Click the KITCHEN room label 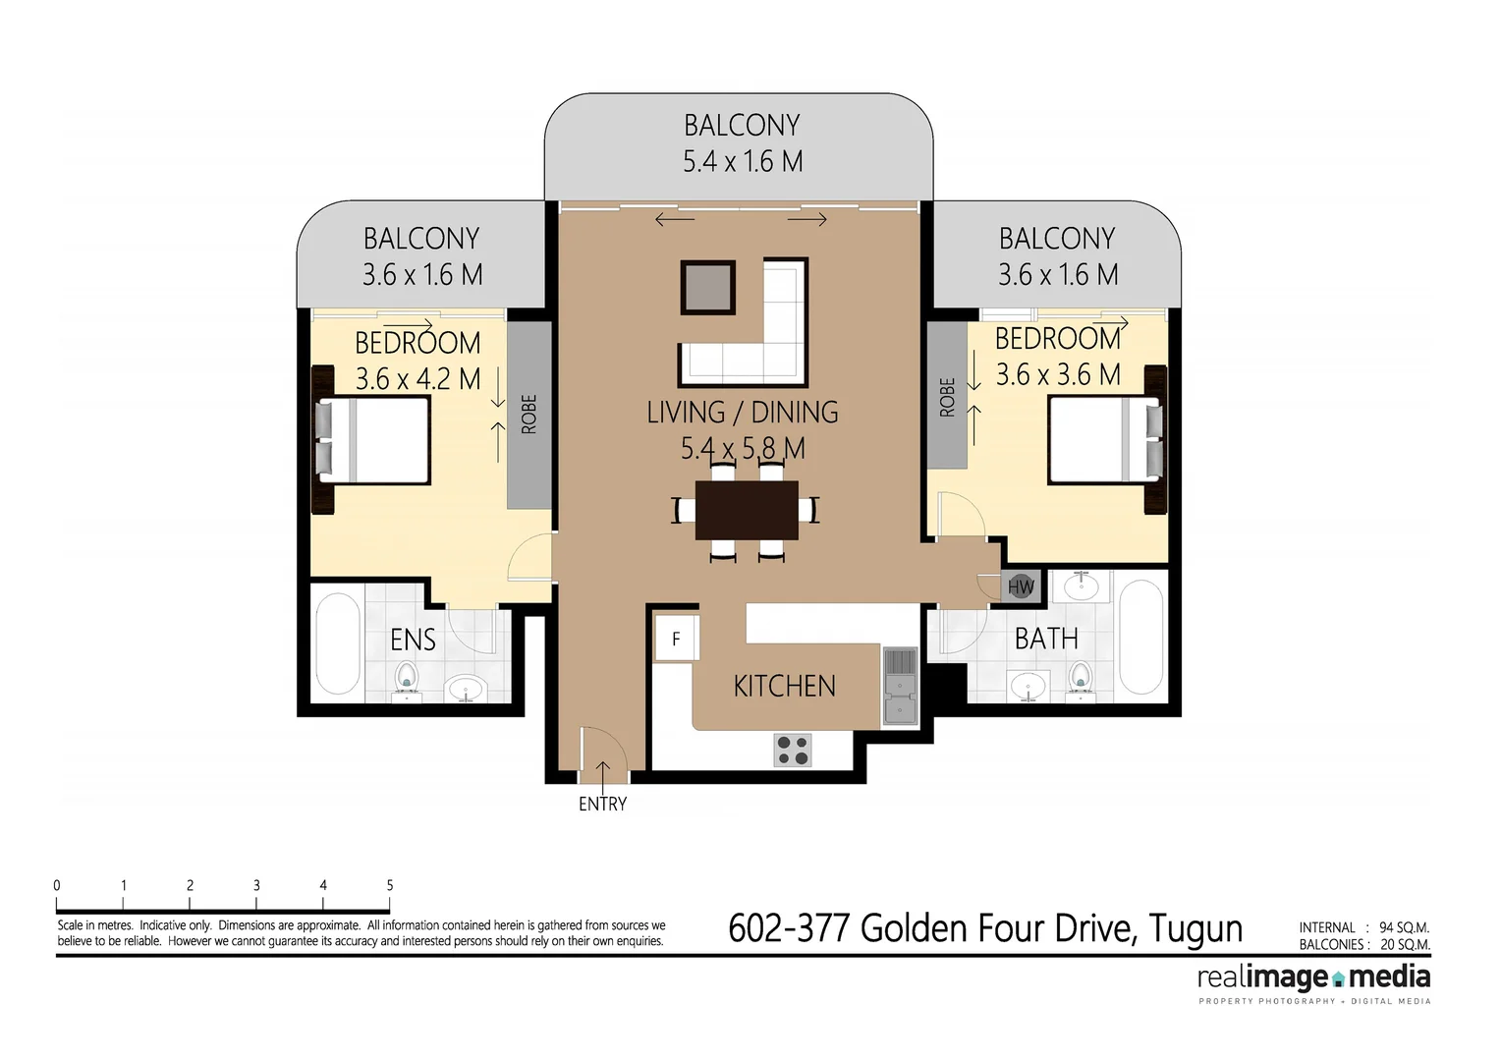point(784,686)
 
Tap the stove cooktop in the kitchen point(793,751)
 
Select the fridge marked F point(676,639)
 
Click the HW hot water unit point(1021,587)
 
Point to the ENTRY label point(602,805)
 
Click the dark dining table point(747,510)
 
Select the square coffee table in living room point(707,287)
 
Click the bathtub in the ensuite point(338,644)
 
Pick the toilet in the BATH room point(1081,678)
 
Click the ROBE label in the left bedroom point(529,415)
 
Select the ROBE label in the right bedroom point(947,398)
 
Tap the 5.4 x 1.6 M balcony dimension point(743,161)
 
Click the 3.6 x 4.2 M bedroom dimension point(417,378)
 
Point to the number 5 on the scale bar point(390,885)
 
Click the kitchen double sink point(899,686)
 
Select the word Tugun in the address point(1195,928)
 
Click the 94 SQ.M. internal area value point(1404,927)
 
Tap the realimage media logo point(1313,978)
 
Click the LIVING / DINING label point(743,413)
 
